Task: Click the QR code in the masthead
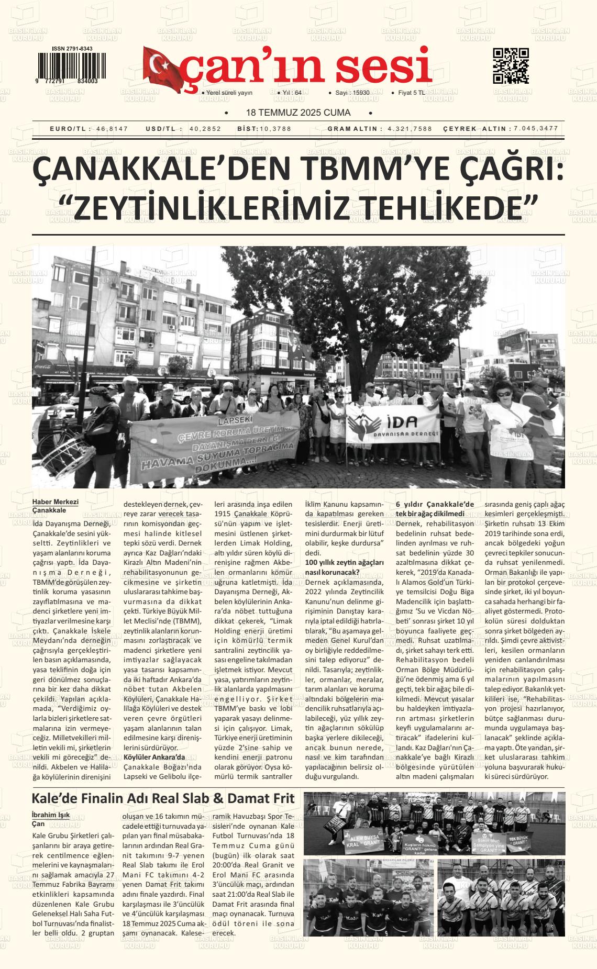point(511,66)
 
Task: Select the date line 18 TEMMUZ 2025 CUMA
point(298,113)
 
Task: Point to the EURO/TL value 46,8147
point(112,129)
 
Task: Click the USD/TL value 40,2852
point(205,129)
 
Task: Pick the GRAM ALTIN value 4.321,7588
point(410,129)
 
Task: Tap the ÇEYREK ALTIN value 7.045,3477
point(536,129)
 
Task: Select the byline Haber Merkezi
point(55,502)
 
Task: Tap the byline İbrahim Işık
point(51,815)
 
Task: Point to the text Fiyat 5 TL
point(412,93)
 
